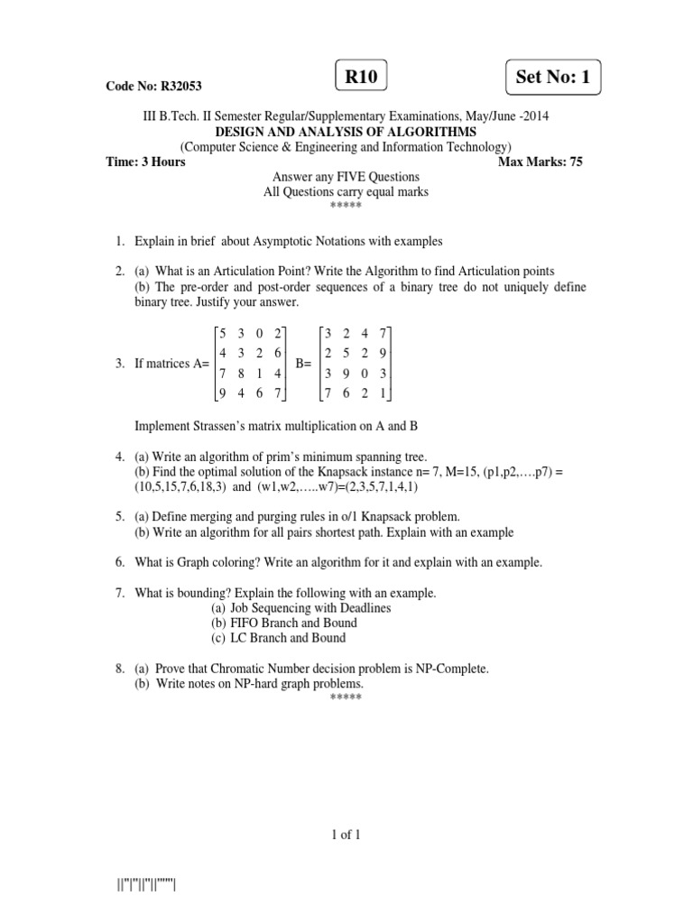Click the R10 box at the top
pos(361,78)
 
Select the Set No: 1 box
pos(553,78)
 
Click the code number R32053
pos(180,87)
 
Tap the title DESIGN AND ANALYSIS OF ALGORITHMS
pos(346,132)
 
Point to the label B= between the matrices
pos(304,364)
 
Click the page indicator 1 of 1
pos(346,835)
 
